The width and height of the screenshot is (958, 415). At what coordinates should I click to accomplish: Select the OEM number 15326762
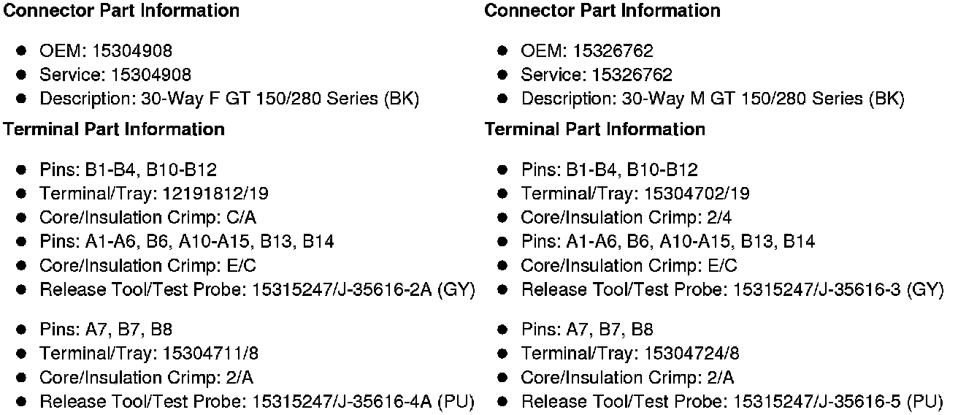tap(613, 51)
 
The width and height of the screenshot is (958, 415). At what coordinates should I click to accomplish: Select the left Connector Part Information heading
tap(121, 11)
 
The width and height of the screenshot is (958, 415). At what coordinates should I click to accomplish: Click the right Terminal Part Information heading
tap(594, 129)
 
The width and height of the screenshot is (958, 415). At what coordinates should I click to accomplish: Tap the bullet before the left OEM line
tap(23, 51)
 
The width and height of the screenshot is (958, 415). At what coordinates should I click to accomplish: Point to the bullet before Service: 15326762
tap(503, 75)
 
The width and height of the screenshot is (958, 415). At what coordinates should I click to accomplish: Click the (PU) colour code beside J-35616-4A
tap(456, 402)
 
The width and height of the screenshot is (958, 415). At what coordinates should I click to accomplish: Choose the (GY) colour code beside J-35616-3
tap(926, 290)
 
